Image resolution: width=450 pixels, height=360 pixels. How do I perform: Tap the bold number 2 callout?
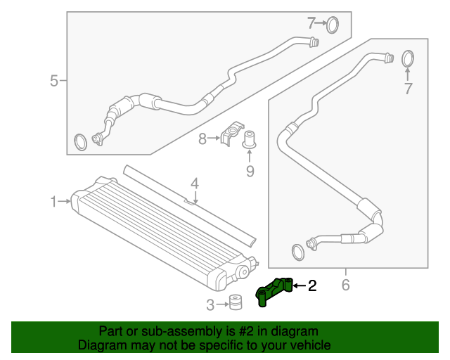coord(312,285)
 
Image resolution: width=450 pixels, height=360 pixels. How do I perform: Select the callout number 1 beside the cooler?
coord(53,202)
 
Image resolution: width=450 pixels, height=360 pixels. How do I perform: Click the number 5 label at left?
coord(54,81)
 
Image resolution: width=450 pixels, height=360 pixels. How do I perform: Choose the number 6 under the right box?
coord(346,285)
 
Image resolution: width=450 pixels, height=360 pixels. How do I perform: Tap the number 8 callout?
coord(202,139)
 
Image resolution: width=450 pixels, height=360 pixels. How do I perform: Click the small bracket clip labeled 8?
coord(232,134)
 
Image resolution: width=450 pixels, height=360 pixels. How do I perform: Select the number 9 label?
coord(250,172)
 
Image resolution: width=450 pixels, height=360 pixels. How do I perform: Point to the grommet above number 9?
coord(249,139)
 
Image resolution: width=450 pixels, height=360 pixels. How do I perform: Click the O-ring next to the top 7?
coord(333,25)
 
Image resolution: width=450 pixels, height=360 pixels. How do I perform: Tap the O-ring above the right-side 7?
coord(408,59)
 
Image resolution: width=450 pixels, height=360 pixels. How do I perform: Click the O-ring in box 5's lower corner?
coord(81,142)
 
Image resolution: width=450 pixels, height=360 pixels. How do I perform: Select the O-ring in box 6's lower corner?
coord(298,252)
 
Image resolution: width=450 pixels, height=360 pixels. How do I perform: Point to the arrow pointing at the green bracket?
coord(300,285)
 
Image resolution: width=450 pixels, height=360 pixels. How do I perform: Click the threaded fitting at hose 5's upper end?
coord(314,42)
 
